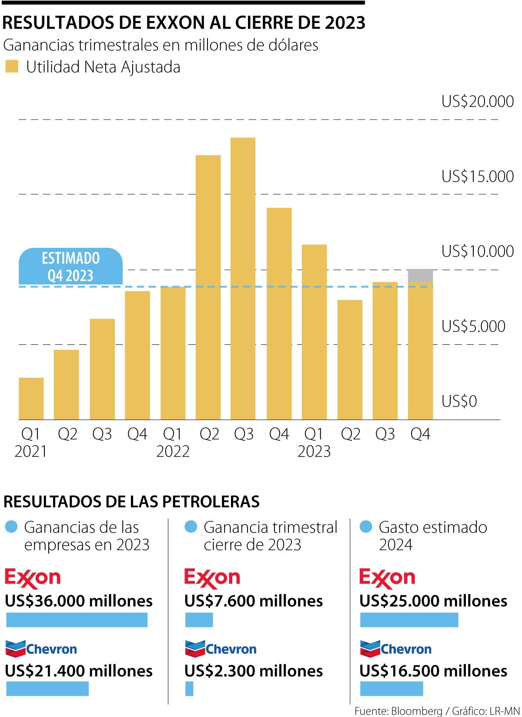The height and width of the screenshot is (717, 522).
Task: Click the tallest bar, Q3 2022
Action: coord(243,278)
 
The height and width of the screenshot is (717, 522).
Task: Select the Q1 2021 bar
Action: coord(31,398)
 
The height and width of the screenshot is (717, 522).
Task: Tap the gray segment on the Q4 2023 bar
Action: coord(420,275)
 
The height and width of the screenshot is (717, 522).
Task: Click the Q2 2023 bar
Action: coord(350,360)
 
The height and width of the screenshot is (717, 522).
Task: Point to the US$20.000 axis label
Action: coord(477,101)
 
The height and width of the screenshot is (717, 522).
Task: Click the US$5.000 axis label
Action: coord(473,326)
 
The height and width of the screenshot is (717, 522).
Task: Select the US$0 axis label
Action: coord(459,401)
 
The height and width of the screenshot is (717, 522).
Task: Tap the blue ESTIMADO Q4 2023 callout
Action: coord(70,267)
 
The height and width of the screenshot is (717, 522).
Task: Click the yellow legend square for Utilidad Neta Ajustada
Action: coord(12,67)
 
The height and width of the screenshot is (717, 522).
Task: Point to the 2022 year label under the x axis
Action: coord(173,451)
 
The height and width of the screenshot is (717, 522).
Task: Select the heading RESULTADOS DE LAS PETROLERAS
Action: coord(131,501)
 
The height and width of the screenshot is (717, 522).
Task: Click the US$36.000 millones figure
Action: coord(79,601)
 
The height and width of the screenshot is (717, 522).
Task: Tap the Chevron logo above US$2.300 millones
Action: coord(221,649)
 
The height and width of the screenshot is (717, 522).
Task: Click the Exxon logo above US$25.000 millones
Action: coord(387,578)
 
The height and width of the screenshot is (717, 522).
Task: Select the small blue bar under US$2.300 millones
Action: coord(189,689)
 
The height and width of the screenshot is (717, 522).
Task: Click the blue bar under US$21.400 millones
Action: coord(47,689)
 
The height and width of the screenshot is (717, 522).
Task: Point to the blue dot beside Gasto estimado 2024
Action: coord(366,527)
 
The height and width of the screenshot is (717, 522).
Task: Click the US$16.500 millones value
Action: coord(433,671)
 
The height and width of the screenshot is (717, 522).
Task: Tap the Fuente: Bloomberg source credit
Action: coord(398,711)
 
